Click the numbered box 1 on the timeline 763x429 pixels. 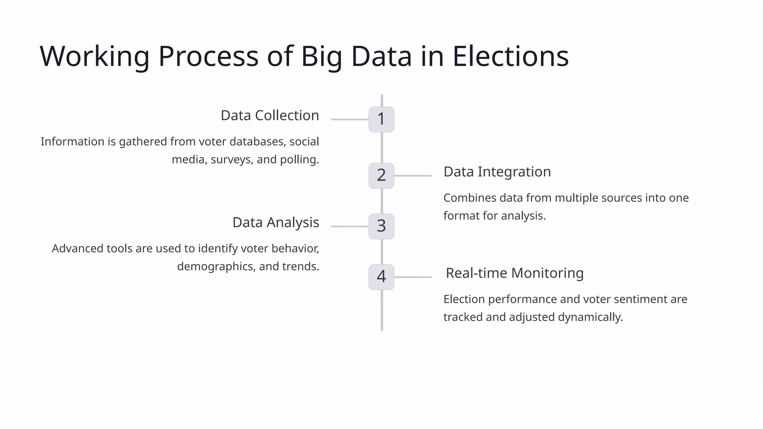pos(381,120)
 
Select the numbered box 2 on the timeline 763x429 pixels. pos(381,175)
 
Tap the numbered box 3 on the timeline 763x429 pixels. pos(381,226)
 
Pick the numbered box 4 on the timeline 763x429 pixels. pos(381,277)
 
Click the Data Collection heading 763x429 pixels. pos(270,115)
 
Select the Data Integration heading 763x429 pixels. pos(497,172)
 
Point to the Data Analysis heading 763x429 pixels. pos(276,222)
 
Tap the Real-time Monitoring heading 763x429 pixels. pos(515,273)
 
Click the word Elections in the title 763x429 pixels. pos(510,56)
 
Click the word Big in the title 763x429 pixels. pos(321,56)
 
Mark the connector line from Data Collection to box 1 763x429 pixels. pos(349,120)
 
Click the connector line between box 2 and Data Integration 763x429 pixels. pos(413,175)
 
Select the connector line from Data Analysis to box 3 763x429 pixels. pos(349,226)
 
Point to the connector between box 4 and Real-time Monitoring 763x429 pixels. pos(413,277)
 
